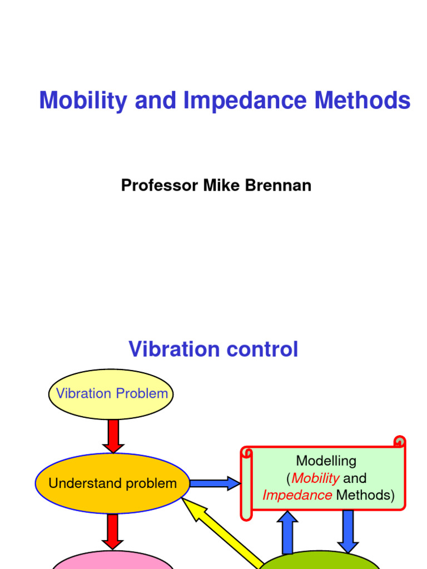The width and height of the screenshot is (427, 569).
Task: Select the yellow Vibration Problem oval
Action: (112, 394)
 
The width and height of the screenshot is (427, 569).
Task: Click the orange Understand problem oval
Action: (112, 483)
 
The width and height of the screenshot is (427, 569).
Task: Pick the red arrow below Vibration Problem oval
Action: (113, 436)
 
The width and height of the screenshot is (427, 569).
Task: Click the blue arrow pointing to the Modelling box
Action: (214, 483)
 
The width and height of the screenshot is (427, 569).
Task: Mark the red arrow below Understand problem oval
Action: (113, 531)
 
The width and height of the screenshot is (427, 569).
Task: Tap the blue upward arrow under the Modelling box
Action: (287, 532)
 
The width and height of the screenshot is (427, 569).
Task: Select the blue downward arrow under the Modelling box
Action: (348, 531)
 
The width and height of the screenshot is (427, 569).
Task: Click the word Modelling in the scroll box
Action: (326, 461)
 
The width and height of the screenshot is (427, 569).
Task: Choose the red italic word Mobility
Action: (315, 478)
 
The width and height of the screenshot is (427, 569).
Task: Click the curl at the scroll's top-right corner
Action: (399, 442)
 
